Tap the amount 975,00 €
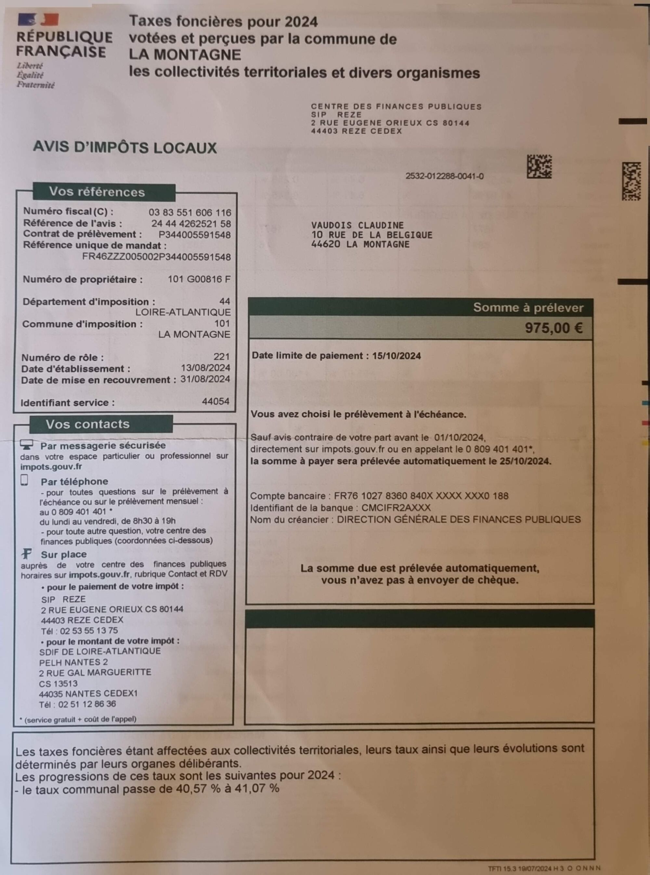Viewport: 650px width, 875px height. (553, 328)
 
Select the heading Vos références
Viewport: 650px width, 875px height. (97, 192)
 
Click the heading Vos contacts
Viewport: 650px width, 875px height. (87, 424)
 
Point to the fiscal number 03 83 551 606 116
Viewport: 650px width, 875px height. (190, 213)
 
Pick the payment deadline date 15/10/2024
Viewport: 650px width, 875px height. (396, 356)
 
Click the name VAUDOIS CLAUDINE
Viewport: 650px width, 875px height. (357, 225)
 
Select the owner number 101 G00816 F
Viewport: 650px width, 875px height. (199, 279)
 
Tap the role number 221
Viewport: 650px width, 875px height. (222, 357)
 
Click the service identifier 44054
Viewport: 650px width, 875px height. (215, 401)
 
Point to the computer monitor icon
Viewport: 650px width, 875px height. (26, 445)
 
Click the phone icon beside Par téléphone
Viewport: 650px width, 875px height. (24, 480)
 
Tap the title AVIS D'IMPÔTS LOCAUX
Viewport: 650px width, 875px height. (125, 147)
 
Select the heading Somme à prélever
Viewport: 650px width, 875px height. (528, 307)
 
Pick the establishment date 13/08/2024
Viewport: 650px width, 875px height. (205, 368)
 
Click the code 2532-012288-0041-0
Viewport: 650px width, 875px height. (445, 176)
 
